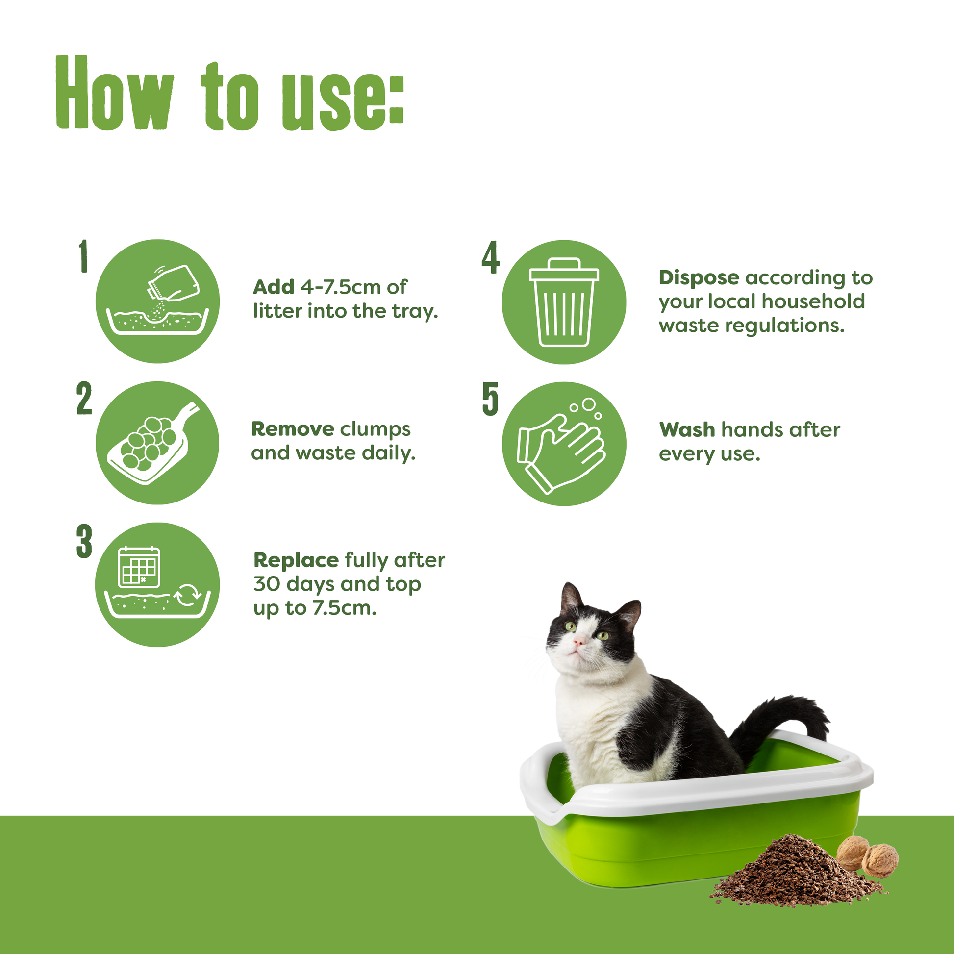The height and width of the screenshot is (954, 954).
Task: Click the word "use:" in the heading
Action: [343, 102]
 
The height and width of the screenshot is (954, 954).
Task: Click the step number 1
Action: [83, 256]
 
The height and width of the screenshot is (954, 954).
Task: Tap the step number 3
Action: [84, 541]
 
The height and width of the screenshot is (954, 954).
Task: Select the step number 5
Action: [490, 399]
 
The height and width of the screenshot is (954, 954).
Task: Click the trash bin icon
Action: [564, 302]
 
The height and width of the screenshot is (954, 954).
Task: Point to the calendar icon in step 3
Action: [139, 567]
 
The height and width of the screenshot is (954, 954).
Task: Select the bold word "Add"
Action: [274, 287]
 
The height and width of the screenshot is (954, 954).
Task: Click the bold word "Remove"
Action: [293, 429]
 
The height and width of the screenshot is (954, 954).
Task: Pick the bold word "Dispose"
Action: [699, 277]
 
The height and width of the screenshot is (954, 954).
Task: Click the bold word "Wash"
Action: [687, 429]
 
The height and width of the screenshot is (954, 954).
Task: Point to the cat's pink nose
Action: [578, 641]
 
